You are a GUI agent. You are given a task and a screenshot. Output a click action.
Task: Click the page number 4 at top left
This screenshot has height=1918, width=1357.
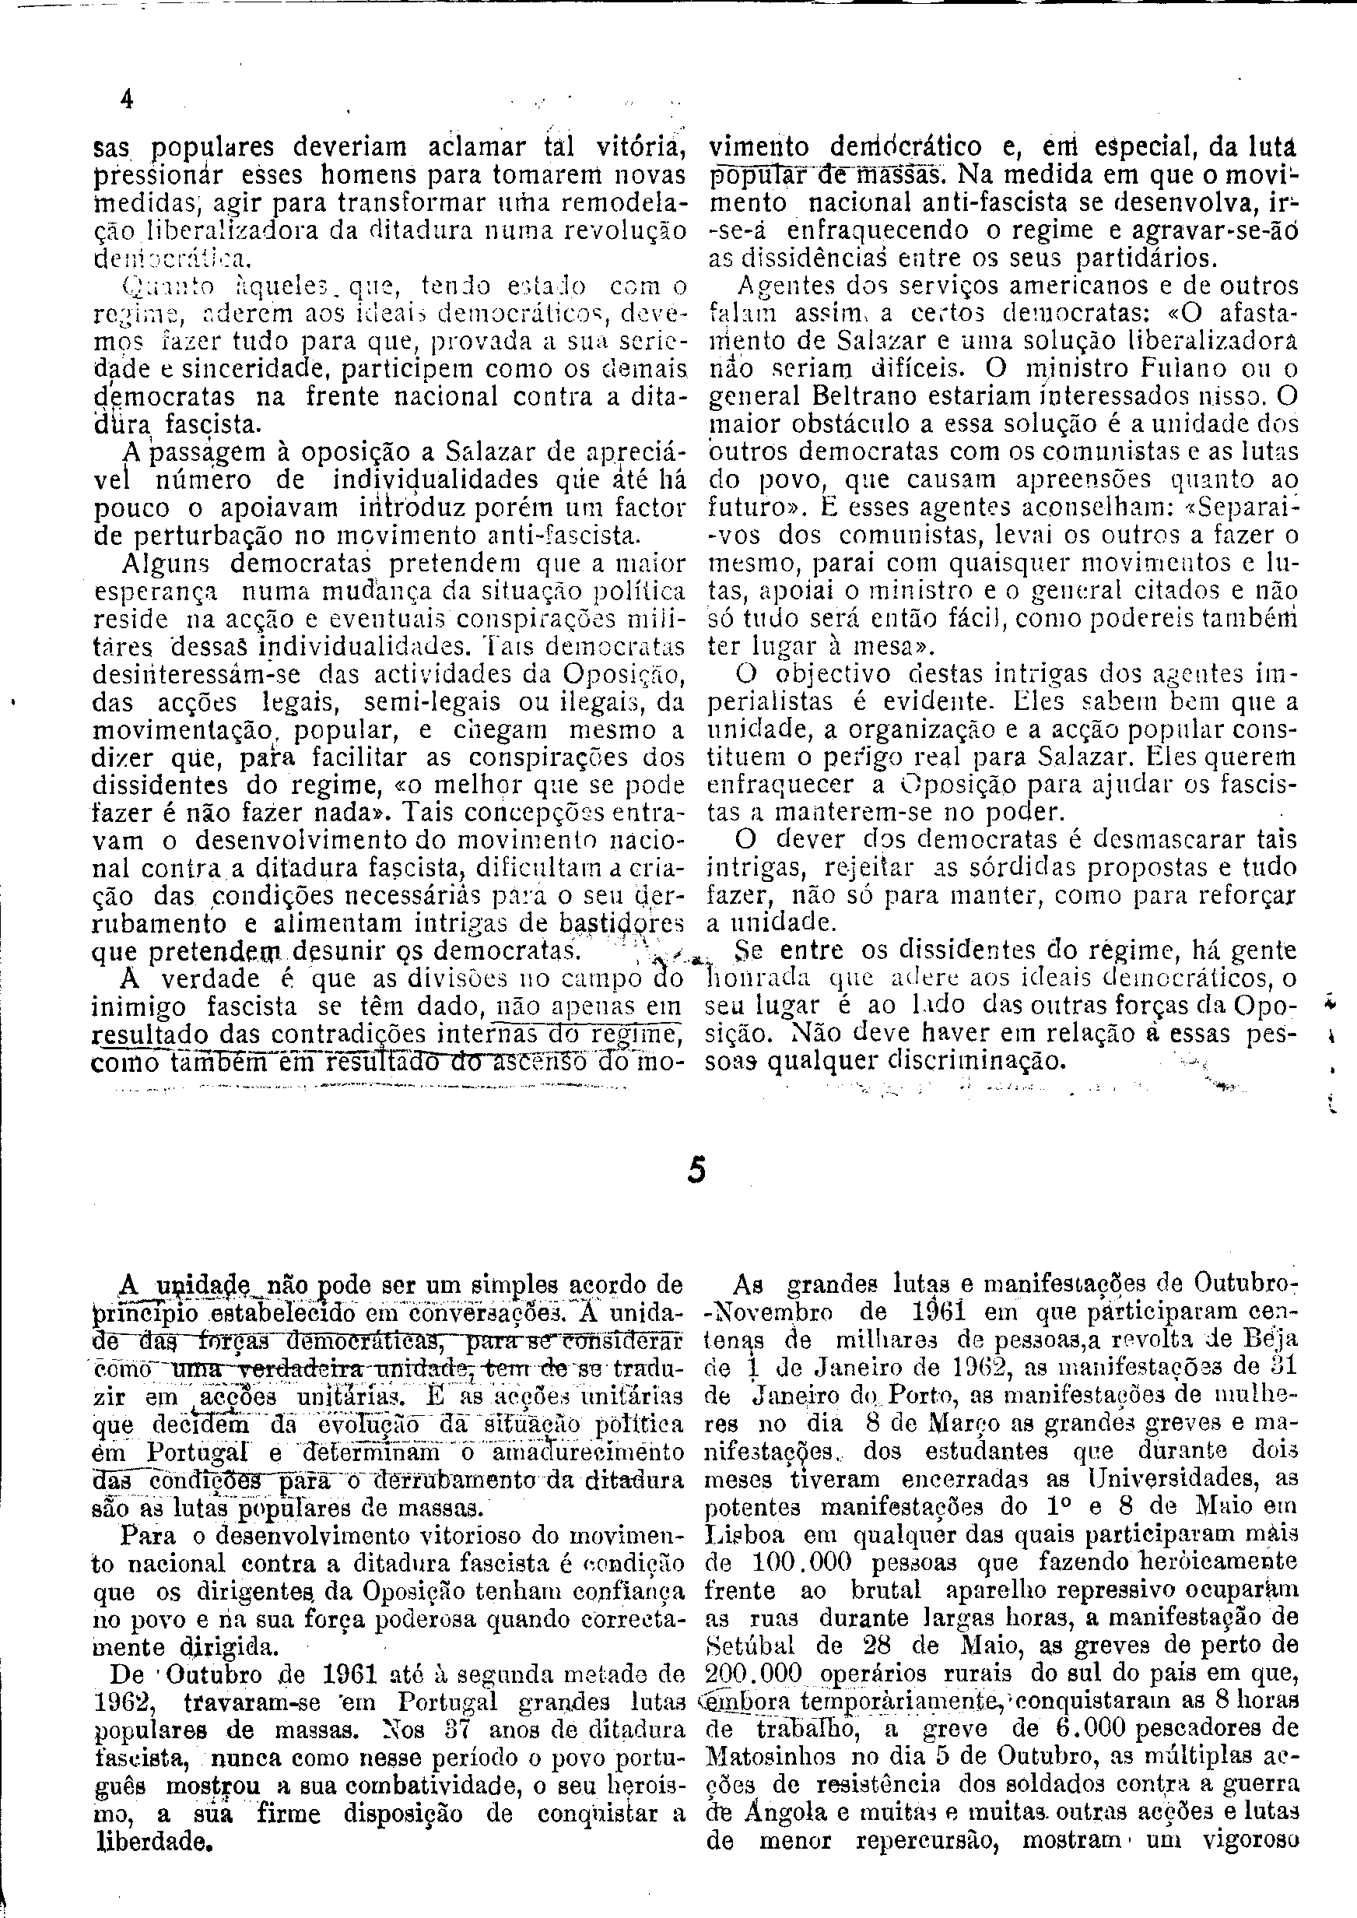[x=126, y=100]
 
